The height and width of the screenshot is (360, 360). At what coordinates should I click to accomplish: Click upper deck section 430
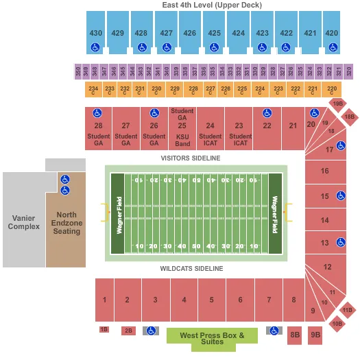(95, 32)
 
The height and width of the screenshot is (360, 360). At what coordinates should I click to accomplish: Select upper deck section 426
(190, 32)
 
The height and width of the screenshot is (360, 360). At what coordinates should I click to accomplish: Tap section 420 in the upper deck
(332, 32)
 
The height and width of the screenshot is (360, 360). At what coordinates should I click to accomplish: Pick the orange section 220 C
(332, 90)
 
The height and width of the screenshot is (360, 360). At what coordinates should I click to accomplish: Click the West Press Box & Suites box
(212, 335)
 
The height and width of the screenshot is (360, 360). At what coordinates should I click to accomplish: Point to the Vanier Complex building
(23, 221)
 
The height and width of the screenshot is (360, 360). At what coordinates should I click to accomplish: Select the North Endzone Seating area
(66, 223)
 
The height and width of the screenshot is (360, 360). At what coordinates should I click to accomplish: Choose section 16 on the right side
(324, 171)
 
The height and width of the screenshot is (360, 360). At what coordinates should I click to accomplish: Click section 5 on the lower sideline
(211, 300)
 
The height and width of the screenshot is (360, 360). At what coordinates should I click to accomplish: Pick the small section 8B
(295, 335)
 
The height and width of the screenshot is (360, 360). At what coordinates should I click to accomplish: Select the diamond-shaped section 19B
(337, 104)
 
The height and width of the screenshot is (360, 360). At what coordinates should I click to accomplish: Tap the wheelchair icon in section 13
(341, 243)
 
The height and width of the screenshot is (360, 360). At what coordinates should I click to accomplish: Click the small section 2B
(128, 331)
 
